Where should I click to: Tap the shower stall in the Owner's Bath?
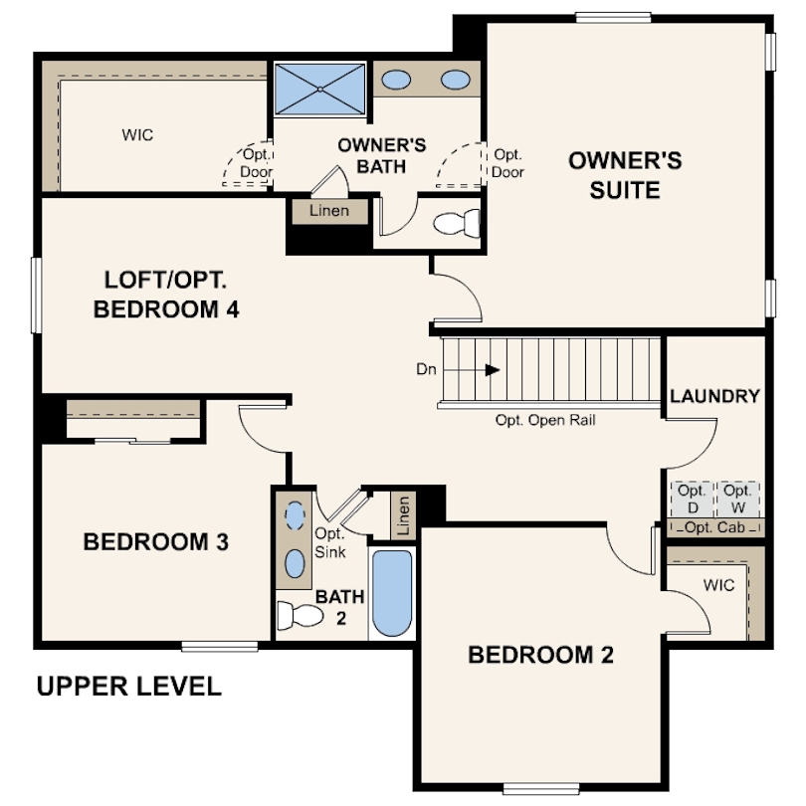pos(320,89)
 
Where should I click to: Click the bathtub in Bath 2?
pos(391,594)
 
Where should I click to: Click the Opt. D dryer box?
pos(692,498)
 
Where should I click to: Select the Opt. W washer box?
pos(737,498)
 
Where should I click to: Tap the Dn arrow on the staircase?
pos(492,369)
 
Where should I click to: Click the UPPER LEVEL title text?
pos(128,687)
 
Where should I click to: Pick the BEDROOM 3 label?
pos(156,542)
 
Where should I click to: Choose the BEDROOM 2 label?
pos(540,655)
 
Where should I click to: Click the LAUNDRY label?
pos(714,395)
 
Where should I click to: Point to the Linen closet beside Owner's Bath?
pos(328,211)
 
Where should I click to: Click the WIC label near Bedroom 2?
pos(718,585)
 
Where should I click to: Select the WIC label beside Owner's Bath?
pos(137,134)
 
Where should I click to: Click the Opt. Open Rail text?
pos(545,420)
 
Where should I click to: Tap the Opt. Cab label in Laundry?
pos(714,527)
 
